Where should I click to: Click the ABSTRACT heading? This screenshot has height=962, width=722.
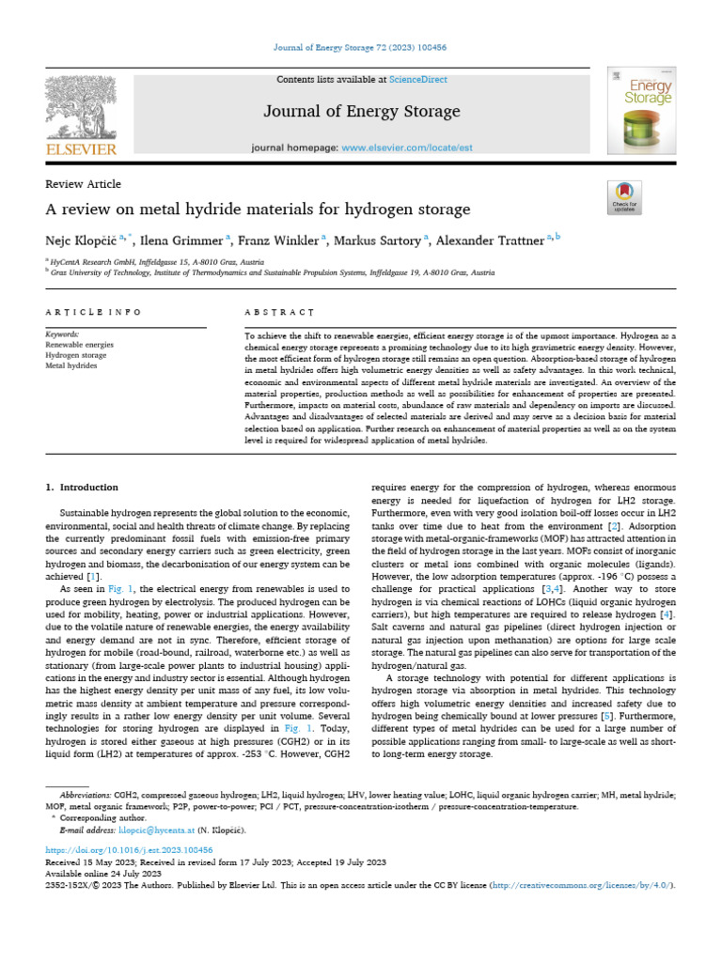(278, 311)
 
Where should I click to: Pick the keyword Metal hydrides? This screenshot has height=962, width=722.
(72, 365)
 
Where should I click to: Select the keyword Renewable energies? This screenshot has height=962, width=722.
(80, 345)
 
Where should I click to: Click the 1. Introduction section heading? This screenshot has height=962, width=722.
(83, 488)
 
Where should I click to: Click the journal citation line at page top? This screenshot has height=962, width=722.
(361, 48)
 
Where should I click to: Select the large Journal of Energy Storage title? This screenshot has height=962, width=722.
(361, 112)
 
